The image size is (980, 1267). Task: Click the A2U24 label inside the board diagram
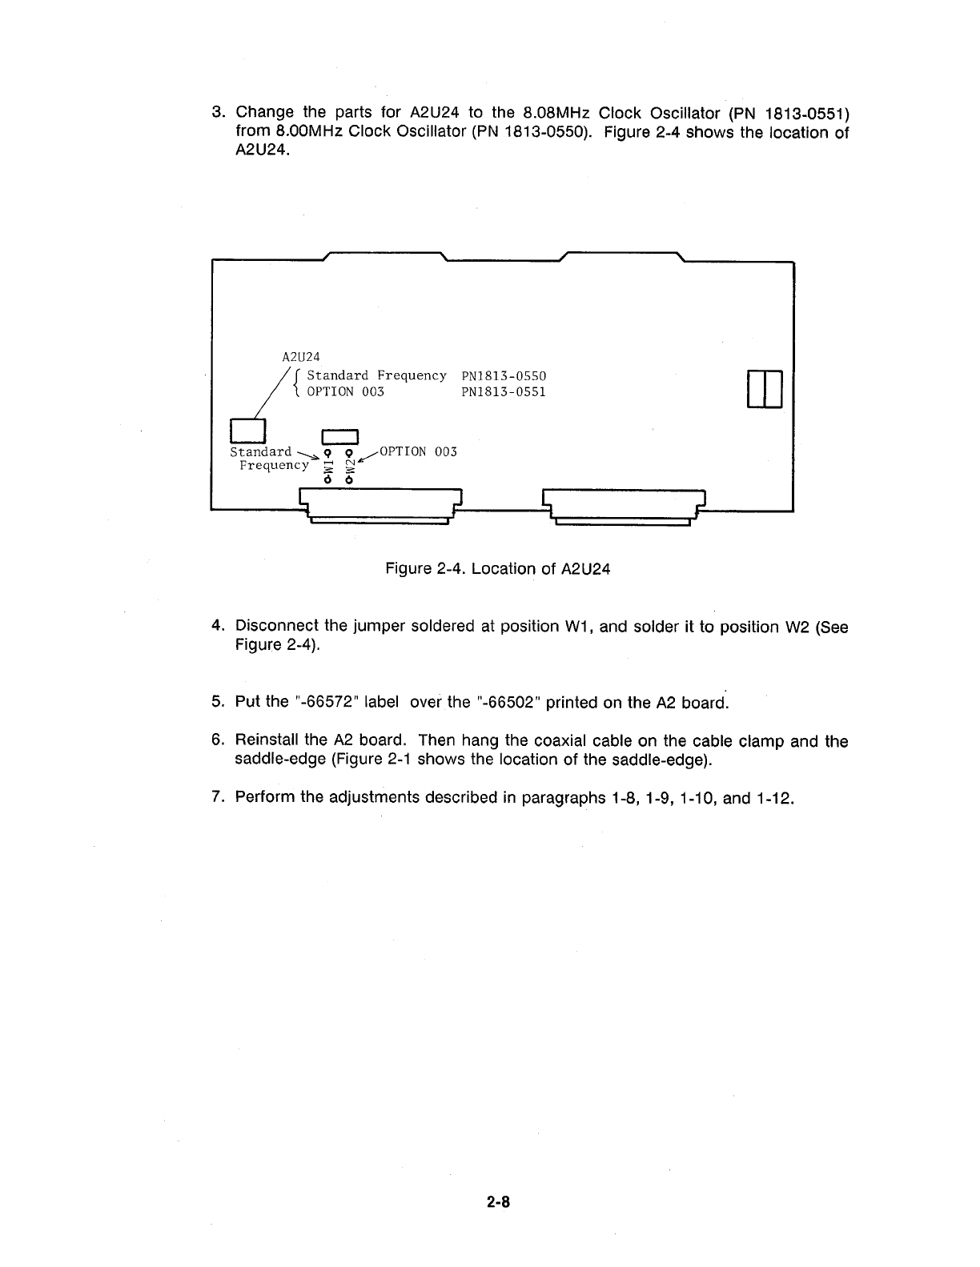[301, 356]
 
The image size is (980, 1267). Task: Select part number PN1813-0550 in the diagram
[504, 375]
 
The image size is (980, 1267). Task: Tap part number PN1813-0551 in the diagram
[504, 392]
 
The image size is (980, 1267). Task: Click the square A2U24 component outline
[247, 431]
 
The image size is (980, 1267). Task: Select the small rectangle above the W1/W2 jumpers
[339, 436]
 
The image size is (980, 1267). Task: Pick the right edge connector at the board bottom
[623, 505]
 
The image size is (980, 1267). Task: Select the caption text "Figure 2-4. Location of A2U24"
[498, 569]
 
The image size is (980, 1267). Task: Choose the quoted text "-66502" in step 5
[508, 702]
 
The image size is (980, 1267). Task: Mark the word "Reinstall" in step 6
[267, 741]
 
